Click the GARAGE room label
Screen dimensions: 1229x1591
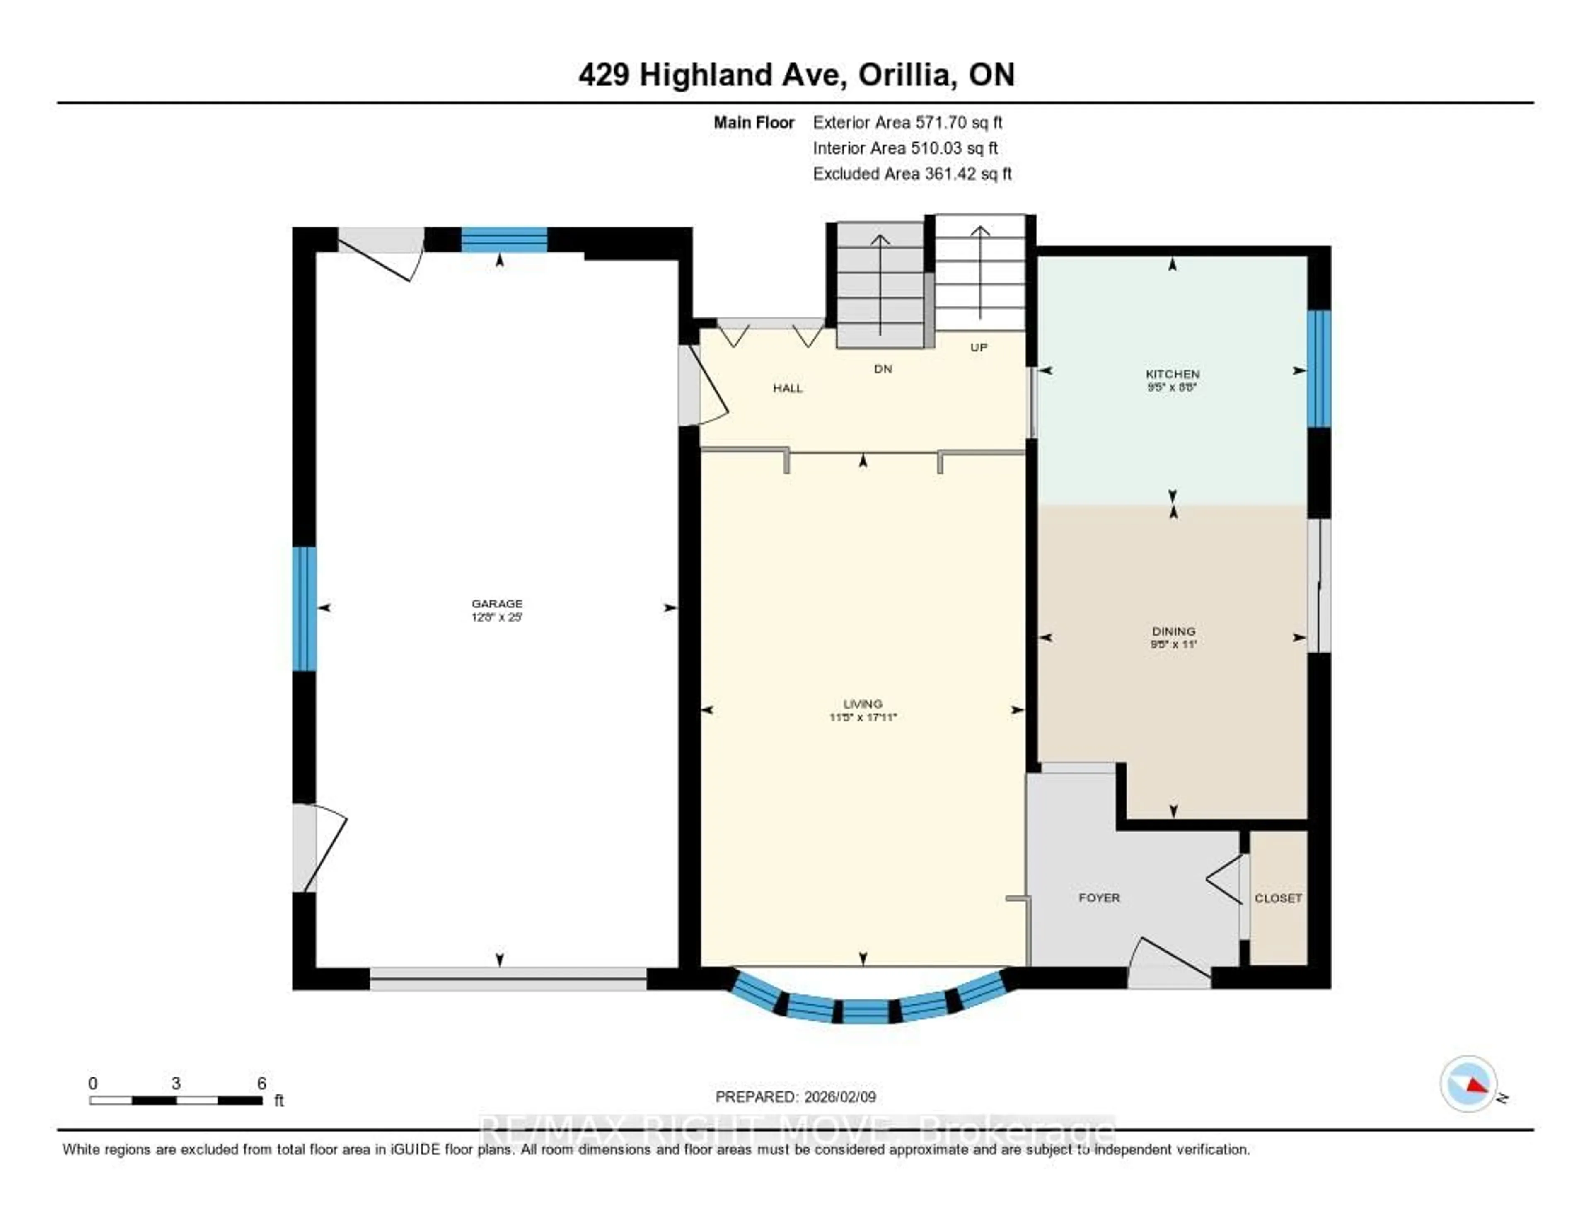point(497,603)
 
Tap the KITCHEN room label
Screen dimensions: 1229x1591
point(1172,374)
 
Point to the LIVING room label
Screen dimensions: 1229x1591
point(863,704)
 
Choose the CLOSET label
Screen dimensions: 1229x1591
point(1278,898)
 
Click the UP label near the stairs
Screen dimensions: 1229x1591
point(978,348)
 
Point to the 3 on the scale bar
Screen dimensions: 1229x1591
point(176,1083)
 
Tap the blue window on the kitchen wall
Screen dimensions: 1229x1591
point(1318,369)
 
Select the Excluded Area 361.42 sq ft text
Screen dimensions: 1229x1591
point(912,173)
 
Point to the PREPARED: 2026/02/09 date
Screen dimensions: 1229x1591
point(795,1096)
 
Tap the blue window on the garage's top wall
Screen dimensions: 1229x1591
point(504,240)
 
